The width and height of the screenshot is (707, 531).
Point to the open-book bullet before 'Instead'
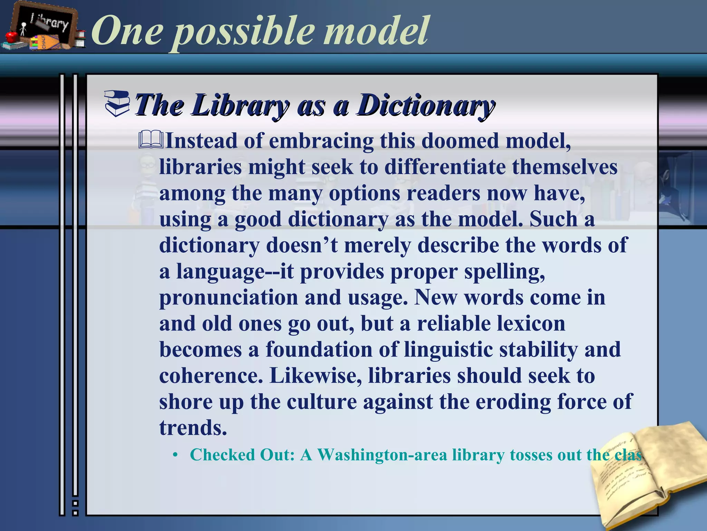151,140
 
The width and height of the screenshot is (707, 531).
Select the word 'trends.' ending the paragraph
193,428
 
